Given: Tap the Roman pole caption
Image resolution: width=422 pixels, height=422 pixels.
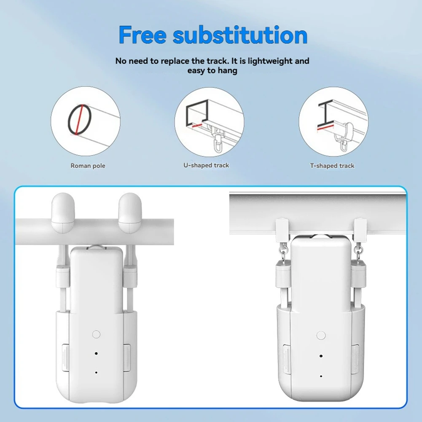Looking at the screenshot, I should click(88, 166).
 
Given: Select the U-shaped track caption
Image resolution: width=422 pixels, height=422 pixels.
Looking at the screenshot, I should click(206, 165).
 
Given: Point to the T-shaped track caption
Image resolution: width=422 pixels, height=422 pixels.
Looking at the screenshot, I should click(332, 166).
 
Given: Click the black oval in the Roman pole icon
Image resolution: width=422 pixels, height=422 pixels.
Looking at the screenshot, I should click(79, 120).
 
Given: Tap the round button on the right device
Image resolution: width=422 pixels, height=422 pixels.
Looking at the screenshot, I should click(321, 336).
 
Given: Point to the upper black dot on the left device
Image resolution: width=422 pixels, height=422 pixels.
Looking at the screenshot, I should click(96, 354).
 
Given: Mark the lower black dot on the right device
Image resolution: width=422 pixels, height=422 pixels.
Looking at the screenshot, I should click(321, 376).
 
